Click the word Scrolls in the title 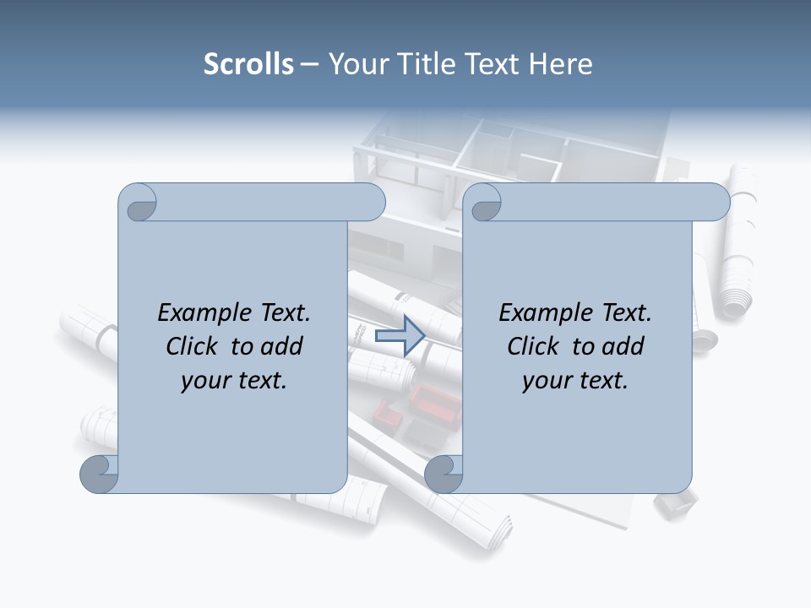click(x=248, y=64)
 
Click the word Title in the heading click(x=424, y=64)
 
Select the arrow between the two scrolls click(x=400, y=336)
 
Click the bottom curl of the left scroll click(x=99, y=474)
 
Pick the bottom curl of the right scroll click(x=444, y=474)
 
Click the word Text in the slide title click(x=491, y=64)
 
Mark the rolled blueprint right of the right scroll click(x=737, y=245)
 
